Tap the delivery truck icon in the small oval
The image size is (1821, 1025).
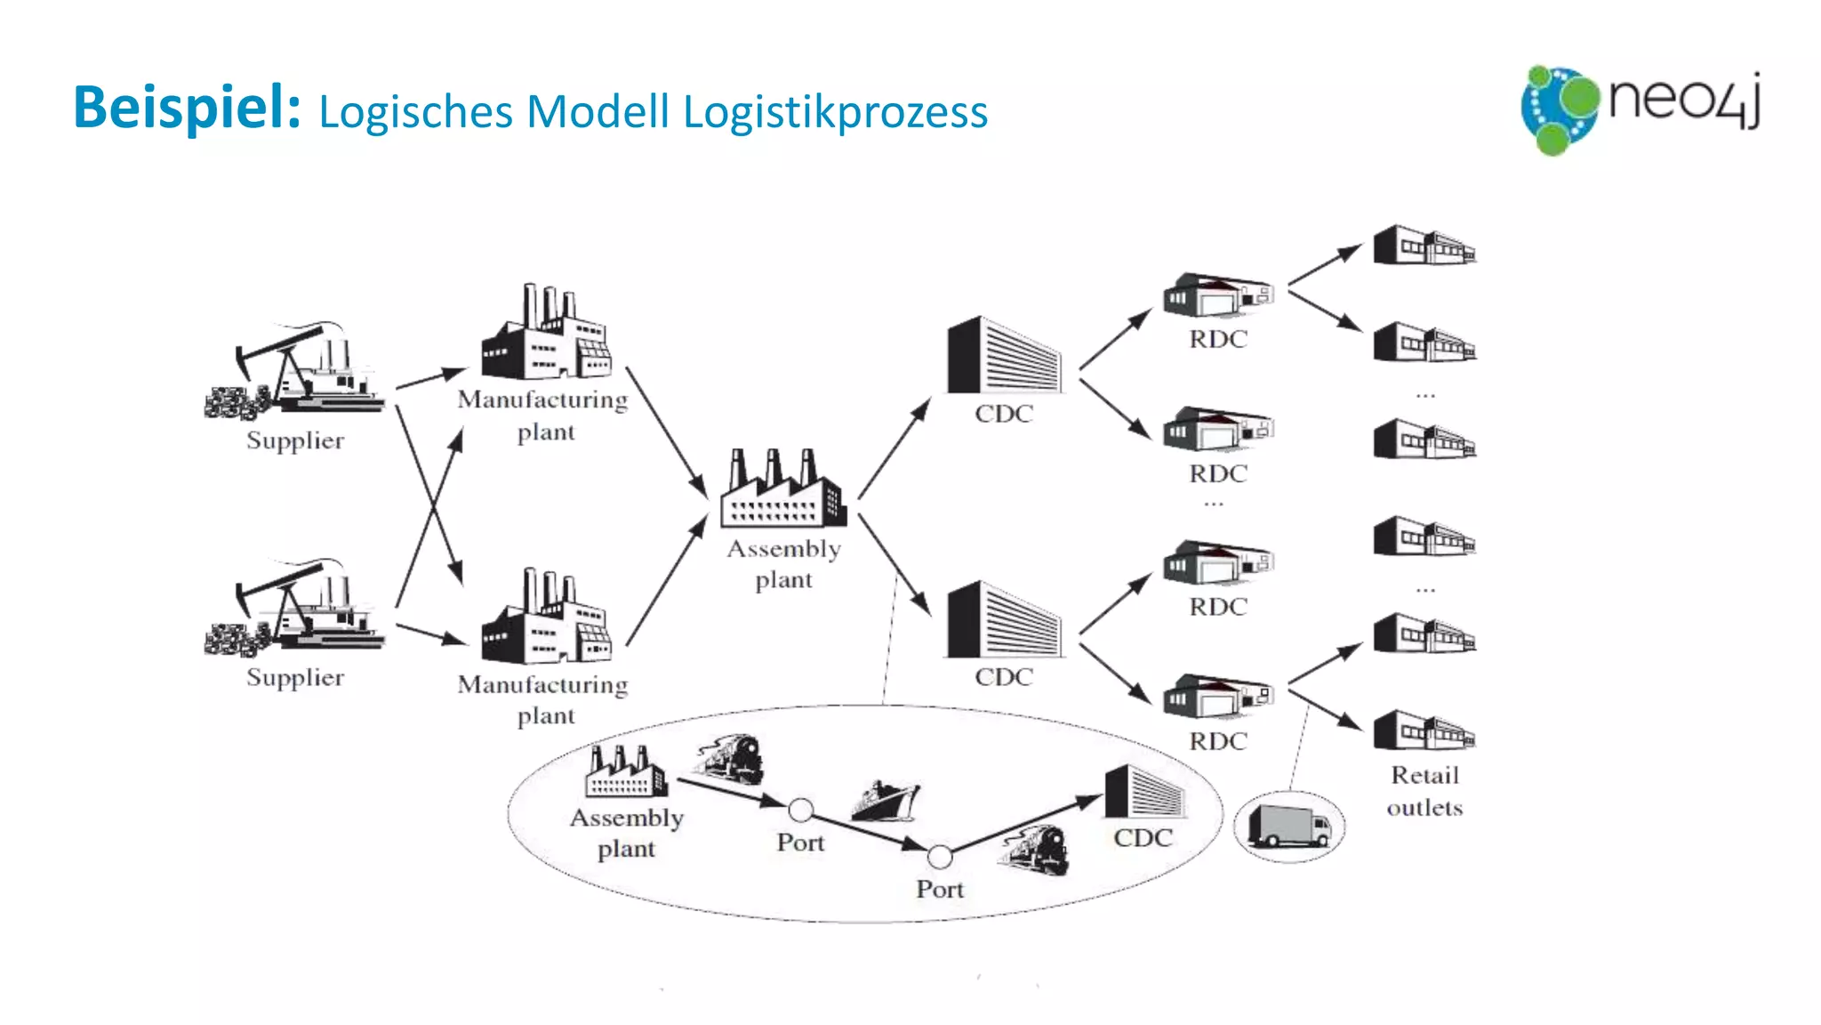pos(1288,827)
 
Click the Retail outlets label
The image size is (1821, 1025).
pos(1424,791)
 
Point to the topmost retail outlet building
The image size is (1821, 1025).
pos(1424,246)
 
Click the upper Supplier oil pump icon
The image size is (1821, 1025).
pos(295,372)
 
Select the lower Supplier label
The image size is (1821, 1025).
pos(295,678)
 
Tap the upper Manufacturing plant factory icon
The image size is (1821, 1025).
pos(545,334)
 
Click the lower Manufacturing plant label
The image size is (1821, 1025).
pos(543,700)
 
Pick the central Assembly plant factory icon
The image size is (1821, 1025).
pos(782,489)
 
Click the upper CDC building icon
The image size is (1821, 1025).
pos(1003,355)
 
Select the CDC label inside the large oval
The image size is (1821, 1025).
pos(1143,838)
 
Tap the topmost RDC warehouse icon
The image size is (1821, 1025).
pos(1217,295)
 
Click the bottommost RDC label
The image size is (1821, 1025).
pos(1218,741)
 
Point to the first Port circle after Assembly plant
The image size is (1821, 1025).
pos(800,810)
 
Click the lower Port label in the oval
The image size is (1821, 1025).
pos(940,889)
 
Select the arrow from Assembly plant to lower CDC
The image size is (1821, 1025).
pos(894,564)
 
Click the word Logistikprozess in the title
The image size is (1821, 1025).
pos(835,113)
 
